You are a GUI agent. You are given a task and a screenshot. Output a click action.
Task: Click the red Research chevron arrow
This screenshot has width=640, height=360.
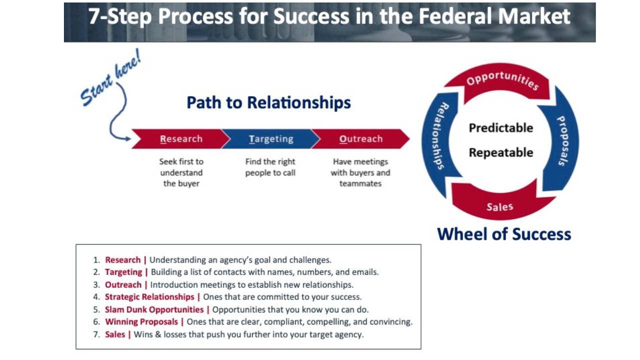coord(181,139)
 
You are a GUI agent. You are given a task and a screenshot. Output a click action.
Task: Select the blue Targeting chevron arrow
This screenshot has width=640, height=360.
coord(271,139)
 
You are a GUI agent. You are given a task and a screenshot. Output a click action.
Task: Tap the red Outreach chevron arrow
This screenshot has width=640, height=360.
coord(360,139)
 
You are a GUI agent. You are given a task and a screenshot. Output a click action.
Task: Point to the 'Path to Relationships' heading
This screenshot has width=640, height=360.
coord(268,102)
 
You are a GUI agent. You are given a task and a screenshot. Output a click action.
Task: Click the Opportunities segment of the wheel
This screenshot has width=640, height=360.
coord(501,80)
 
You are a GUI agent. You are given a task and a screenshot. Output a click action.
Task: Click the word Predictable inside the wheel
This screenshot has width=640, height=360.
coord(500,128)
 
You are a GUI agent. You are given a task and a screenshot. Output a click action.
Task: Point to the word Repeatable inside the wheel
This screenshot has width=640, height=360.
coord(500,152)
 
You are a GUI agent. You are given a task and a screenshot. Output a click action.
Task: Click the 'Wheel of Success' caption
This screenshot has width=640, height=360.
coord(504,234)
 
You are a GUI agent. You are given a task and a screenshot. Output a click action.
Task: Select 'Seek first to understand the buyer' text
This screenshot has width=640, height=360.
coord(181,172)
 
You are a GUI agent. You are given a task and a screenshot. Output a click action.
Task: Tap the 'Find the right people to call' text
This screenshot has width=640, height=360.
coord(270,167)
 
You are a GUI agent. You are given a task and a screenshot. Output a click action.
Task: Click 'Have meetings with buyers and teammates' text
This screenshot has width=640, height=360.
coord(360,172)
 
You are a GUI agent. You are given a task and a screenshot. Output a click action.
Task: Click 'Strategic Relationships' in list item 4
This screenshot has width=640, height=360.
coord(149,297)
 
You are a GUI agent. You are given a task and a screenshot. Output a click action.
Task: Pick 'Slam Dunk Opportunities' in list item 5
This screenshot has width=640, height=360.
coord(154,309)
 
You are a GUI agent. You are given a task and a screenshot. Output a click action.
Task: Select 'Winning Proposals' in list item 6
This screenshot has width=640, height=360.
coord(141,322)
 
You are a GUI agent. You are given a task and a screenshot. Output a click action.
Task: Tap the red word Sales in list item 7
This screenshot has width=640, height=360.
coord(115,334)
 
